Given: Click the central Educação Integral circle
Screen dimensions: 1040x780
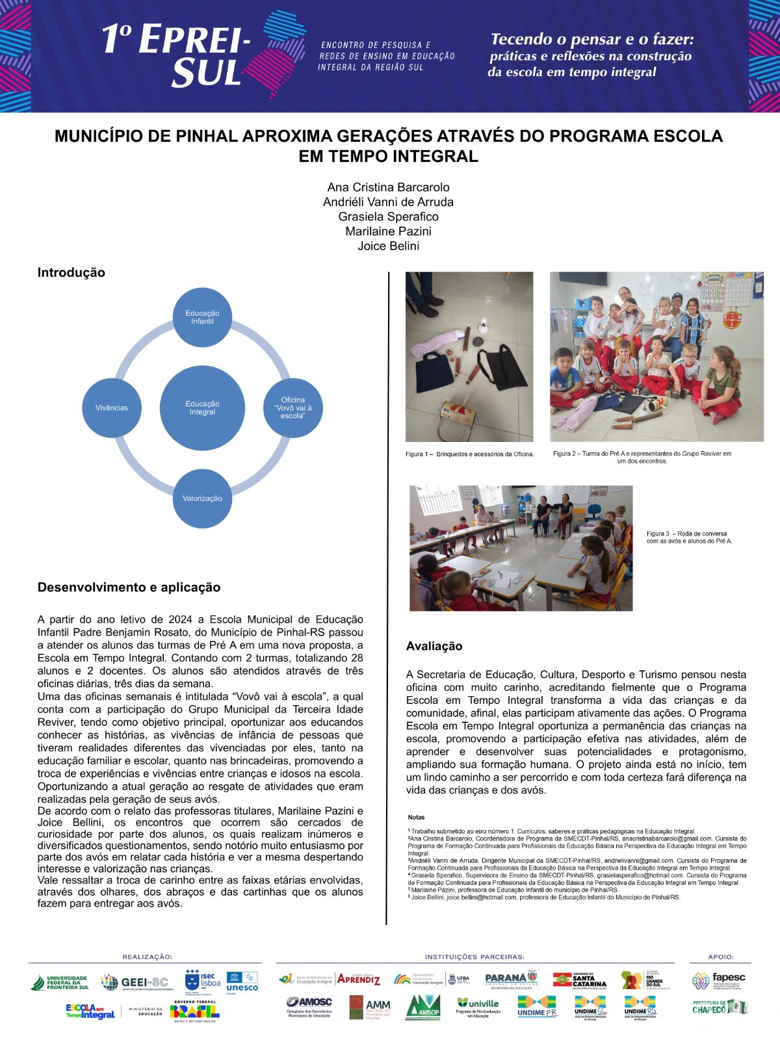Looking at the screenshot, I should click(202, 408).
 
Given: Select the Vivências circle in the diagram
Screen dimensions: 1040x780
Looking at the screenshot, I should click(112, 408).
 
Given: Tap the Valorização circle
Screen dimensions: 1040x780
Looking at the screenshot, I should click(202, 499).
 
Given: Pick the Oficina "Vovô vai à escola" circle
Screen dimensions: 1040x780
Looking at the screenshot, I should click(292, 408).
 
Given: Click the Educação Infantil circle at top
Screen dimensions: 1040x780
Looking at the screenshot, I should click(202, 317).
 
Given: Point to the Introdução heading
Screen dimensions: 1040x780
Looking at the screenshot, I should click(71, 272).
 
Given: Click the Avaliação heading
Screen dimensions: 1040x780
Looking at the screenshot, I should click(434, 646).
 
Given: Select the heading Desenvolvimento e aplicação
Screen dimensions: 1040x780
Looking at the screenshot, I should click(129, 588).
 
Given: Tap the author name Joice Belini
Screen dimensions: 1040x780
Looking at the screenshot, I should click(388, 246).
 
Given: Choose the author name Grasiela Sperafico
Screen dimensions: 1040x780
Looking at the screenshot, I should click(388, 216).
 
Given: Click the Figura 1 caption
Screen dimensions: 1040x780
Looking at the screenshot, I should click(469, 454).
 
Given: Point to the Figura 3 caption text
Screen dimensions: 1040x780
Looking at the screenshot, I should click(688, 537).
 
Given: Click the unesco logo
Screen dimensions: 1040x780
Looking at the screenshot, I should click(242, 982).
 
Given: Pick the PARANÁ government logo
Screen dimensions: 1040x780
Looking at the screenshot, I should click(512, 980).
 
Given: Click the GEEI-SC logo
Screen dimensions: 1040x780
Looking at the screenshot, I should click(134, 982).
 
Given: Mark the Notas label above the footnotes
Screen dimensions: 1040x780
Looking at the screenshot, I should click(416, 817).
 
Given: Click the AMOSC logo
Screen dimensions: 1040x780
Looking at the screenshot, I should click(309, 1006).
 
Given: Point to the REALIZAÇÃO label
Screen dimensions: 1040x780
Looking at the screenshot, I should click(147, 957).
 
